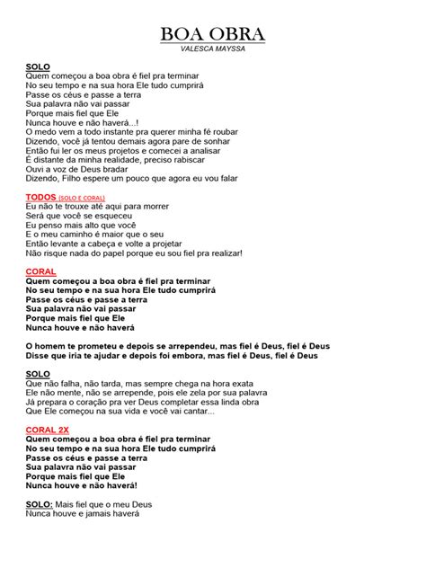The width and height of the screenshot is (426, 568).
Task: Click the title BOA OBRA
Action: pos(213,34)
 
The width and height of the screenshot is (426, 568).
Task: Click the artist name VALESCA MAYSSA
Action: pos(213,49)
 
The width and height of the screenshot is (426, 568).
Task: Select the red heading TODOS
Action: pos(41,196)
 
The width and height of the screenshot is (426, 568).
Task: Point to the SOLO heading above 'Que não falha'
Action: pos(38,373)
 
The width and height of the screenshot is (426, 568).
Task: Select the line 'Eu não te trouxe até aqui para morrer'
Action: pos(110,206)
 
